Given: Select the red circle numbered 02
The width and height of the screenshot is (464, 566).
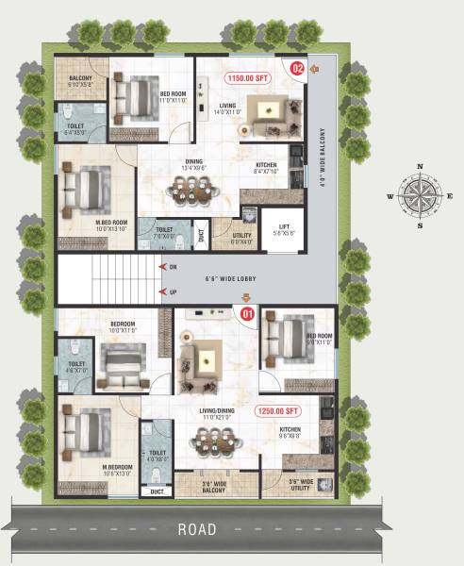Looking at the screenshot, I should click(298, 68).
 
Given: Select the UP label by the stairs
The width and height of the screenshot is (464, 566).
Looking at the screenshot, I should click(173, 294).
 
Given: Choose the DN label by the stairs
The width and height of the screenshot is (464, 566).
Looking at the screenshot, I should click(173, 267).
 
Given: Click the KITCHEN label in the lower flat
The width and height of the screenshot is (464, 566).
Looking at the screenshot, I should click(290, 432).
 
